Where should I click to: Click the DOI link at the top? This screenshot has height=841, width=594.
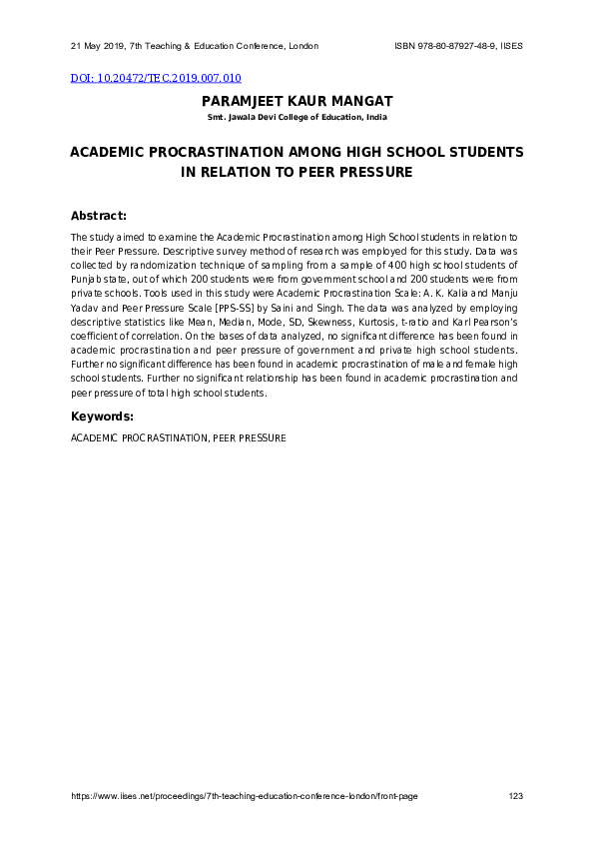(155, 78)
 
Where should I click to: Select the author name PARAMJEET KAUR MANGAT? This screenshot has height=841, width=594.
(297, 102)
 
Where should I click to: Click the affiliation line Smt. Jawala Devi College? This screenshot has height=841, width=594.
(297, 118)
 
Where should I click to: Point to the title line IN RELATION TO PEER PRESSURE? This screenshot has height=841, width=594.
(297, 172)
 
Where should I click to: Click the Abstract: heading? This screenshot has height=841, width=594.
(98, 216)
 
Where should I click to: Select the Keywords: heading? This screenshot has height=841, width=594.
(102, 416)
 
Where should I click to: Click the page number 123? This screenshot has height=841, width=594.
(516, 796)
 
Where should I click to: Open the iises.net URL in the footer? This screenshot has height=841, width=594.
(244, 796)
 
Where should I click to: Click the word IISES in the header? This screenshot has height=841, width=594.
(510, 47)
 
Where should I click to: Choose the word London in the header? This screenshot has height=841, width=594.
(303, 47)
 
